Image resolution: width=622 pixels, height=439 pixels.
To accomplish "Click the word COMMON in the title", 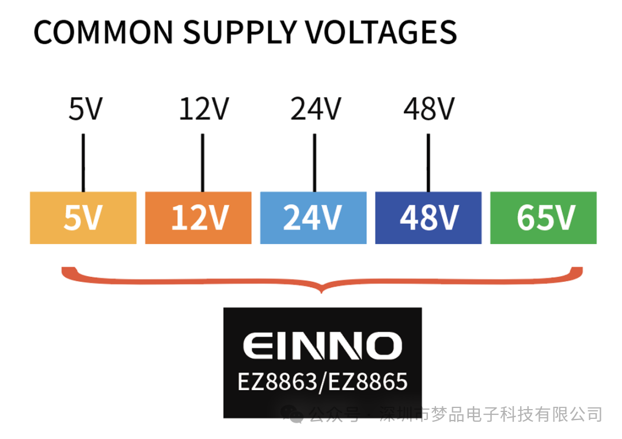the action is pyautogui.click(x=104, y=32).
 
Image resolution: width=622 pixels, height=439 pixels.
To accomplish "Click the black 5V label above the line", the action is pyautogui.click(x=86, y=109).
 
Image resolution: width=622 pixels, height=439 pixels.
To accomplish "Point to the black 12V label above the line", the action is pyautogui.click(x=204, y=109).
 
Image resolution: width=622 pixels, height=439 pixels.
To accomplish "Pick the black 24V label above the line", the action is pyautogui.click(x=316, y=109).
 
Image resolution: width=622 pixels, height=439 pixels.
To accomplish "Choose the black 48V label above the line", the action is pyautogui.click(x=429, y=109).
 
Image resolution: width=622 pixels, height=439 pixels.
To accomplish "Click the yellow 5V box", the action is pyautogui.click(x=84, y=217).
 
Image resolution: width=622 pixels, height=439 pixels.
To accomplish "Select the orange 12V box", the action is pyautogui.click(x=198, y=217).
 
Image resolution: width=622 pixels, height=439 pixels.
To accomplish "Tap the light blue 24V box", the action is pyautogui.click(x=313, y=217).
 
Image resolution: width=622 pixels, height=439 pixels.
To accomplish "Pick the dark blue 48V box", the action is pyautogui.click(x=428, y=217).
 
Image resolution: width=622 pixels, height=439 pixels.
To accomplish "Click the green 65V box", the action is pyautogui.click(x=544, y=217).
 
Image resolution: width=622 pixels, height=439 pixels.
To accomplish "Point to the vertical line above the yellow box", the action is pyautogui.click(x=84, y=163).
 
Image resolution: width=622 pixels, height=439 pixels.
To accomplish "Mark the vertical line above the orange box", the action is pyautogui.click(x=203, y=163).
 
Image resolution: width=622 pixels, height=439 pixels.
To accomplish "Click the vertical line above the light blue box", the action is pyautogui.click(x=314, y=163).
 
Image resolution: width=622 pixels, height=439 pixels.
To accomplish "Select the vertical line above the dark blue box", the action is pyautogui.click(x=428, y=163).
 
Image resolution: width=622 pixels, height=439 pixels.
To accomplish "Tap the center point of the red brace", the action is pyautogui.click(x=322, y=292).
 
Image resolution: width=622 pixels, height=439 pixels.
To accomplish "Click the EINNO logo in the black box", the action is pyautogui.click(x=323, y=346).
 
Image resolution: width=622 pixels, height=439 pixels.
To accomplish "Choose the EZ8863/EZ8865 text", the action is pyautogui.click(x=323, y=381).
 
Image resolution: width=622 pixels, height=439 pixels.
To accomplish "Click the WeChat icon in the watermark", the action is pyautogui.click(x=293, y=414).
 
